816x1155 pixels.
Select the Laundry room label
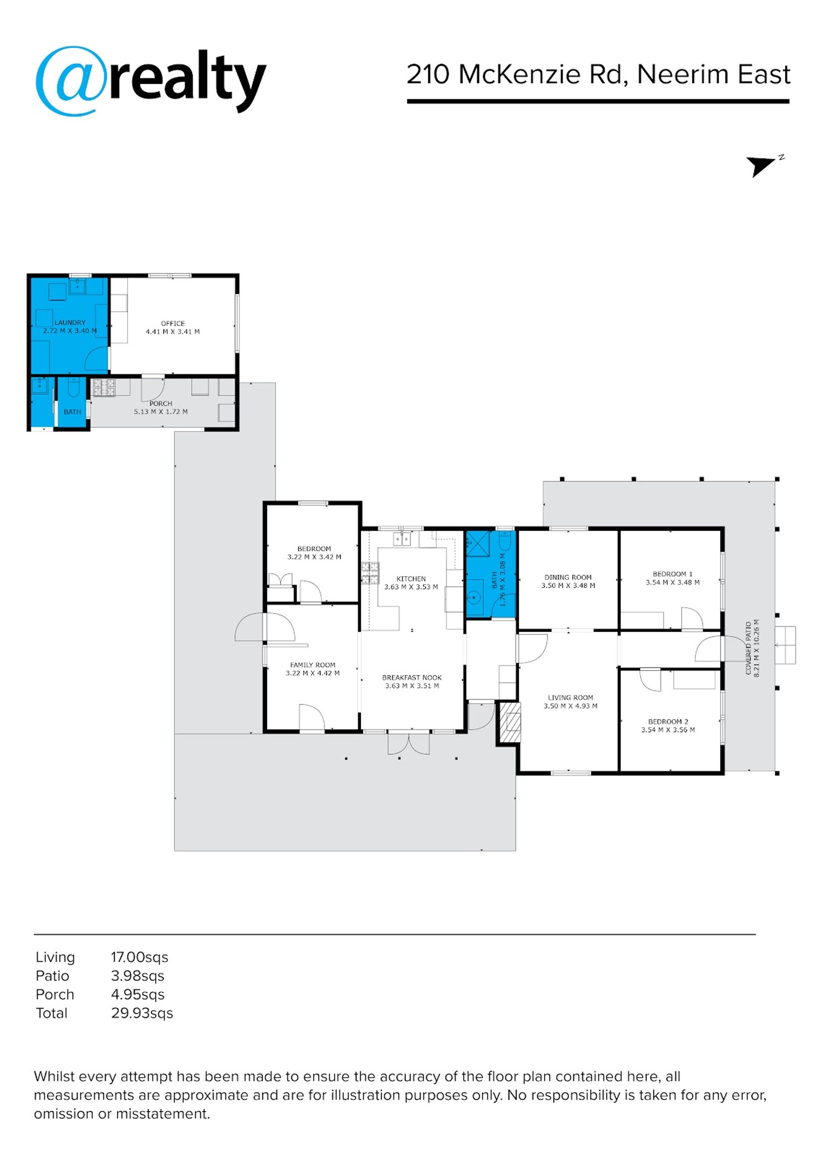point(70,322)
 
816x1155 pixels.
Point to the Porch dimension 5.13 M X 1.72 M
point(161,412)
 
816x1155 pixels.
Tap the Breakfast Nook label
point(412,677)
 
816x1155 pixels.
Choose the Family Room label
point(312,665)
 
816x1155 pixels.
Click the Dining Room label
point(568,577)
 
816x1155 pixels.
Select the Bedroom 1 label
point(672,574)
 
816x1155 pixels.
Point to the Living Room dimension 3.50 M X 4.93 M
point(570,706)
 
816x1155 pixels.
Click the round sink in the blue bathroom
point(473,597)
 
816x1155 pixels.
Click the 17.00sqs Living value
point(139,957)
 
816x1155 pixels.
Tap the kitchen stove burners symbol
point(370,574)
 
